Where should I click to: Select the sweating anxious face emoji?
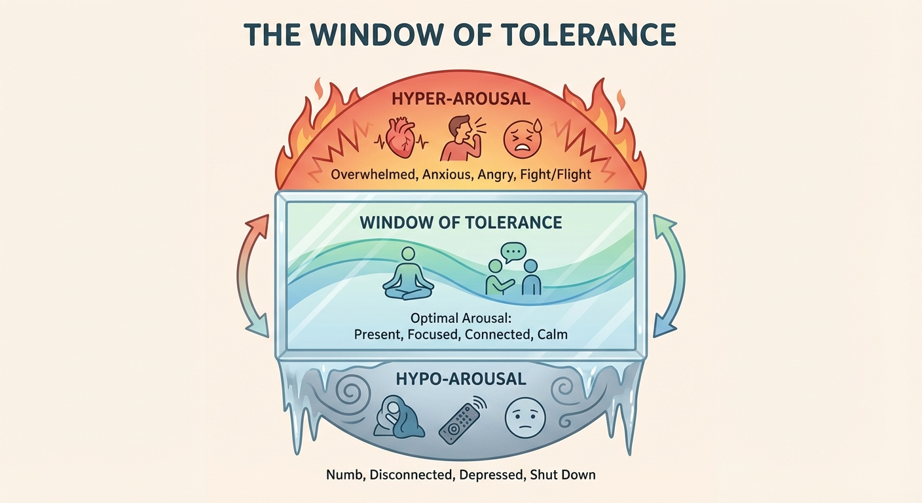(x=523, y=138)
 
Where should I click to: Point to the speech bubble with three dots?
(x=513, y=252)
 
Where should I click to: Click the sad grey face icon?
(x=525, y=419)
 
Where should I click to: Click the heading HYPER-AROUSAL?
(x=461, y=100)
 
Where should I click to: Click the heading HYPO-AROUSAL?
(x=461, y=379)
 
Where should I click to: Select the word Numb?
(x=344, y=474)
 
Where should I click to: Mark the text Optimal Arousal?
(x=460, y=318)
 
